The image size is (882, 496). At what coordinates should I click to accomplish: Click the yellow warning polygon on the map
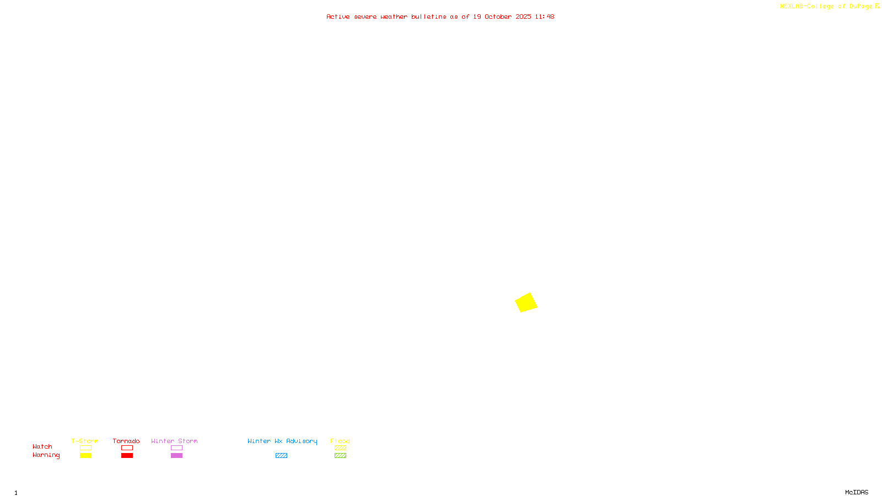526,303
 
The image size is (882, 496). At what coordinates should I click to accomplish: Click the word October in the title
498,17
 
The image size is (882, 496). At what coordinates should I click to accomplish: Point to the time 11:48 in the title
544,17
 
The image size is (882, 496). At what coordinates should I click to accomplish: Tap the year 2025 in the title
523,17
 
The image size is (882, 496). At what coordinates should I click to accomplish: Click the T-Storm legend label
85,441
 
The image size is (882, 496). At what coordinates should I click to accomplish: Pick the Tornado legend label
126,441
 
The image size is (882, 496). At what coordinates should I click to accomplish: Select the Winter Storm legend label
174,441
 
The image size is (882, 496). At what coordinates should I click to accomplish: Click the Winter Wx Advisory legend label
282,441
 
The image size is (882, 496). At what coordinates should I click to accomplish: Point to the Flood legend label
340,441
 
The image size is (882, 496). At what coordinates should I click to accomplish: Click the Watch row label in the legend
42,446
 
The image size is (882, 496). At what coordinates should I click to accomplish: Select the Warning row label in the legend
46,455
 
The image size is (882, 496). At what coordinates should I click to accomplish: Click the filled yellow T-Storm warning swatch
85,456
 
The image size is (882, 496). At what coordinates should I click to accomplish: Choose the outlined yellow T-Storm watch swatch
85,448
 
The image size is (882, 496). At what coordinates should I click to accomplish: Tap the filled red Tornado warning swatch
127,456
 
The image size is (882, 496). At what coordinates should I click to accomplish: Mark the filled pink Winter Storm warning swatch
176,456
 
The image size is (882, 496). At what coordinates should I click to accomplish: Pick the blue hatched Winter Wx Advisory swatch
281,456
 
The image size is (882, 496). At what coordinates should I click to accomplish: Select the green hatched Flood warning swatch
340,456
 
